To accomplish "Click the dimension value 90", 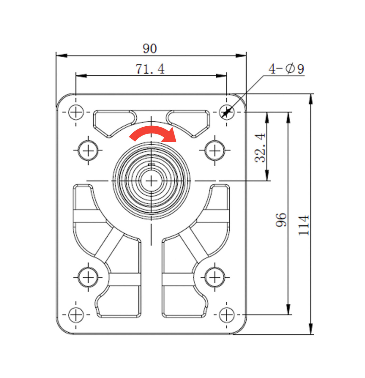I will click(x=150, y=49).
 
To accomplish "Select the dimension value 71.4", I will click(x=150, y=69).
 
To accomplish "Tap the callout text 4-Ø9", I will click(x=286, y=69).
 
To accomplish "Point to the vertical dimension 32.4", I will click(x=260, y=147).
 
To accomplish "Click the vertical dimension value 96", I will click(x=281, y=220).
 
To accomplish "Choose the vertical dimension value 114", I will click(x=304, y=225).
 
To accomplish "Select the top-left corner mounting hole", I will click(x=76, y=112).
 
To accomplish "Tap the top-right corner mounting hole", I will click(x=227, y=112).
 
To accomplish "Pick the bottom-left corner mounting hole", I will click(x=76, y=314).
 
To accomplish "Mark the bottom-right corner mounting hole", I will click(x=227, y=314).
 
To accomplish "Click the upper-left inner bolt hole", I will click(x=88, y=151).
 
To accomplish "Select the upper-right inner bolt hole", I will click(x=214, y=151).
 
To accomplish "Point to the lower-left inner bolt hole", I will click(x=88, y=277).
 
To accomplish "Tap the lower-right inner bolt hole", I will click(x=214, y=277).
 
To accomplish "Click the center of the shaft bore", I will click(x=151, y=181).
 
